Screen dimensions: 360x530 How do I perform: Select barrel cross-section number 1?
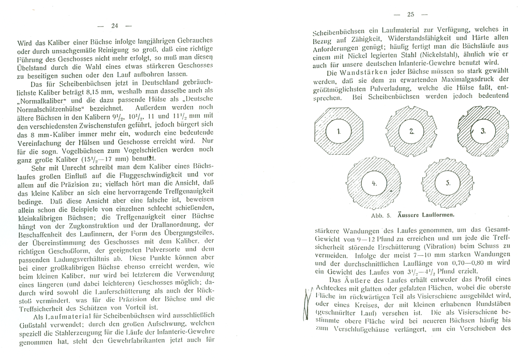337,131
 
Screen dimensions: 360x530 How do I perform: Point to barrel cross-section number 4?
374,183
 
